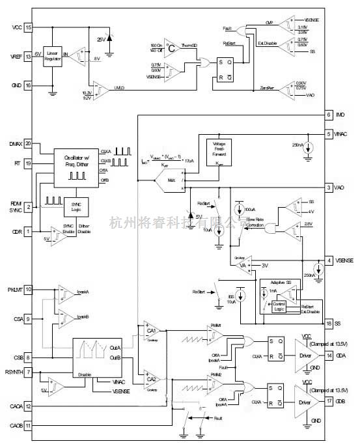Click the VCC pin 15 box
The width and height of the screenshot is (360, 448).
point(29,27)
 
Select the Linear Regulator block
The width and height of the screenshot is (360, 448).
point(52,57)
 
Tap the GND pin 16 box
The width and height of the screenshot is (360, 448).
point(29,85)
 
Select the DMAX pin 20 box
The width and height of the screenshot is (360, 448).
point(29,143)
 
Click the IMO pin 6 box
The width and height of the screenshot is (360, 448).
point(330,115)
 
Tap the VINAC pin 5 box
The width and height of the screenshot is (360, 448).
point(330,133)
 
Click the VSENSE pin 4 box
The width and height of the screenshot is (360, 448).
point(330,260)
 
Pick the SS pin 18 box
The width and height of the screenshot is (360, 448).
point(330,324)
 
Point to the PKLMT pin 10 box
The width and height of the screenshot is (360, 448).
point(29,289)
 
